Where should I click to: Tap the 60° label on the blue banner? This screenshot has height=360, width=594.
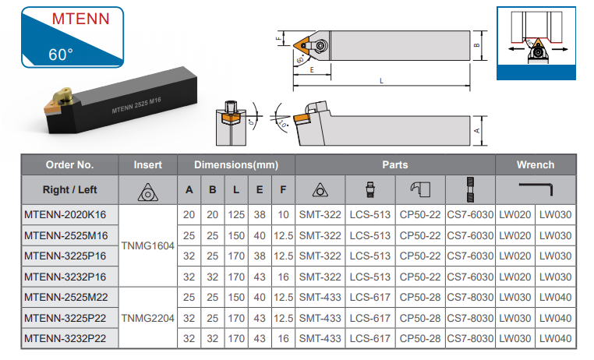[60, 55]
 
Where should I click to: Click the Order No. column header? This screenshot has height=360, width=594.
[69, 165]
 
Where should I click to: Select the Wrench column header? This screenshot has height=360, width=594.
[536, 165]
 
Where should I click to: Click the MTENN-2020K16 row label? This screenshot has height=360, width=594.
[65, 214]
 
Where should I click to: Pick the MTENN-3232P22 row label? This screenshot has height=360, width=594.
[65, 339]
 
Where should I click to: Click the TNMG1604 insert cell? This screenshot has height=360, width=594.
[148, 245]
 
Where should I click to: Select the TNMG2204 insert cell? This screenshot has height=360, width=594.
[148, 318]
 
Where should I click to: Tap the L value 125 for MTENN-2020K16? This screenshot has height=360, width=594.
[236, 214]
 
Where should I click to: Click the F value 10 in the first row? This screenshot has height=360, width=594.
[283, 214]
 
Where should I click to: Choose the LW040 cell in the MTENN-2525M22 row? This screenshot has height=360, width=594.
[555, 298]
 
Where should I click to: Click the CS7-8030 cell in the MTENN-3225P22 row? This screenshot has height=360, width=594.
[470, 318]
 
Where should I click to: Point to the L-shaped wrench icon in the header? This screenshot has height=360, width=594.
[536, 189]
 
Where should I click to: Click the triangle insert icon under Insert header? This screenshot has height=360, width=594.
[148, 190]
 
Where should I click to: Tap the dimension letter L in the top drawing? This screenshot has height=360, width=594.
[381, 80]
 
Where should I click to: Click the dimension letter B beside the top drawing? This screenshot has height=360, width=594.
[476, 45]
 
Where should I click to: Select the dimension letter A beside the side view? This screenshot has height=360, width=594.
[476, 130]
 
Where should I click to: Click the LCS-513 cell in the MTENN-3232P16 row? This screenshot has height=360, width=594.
[370, 277]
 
